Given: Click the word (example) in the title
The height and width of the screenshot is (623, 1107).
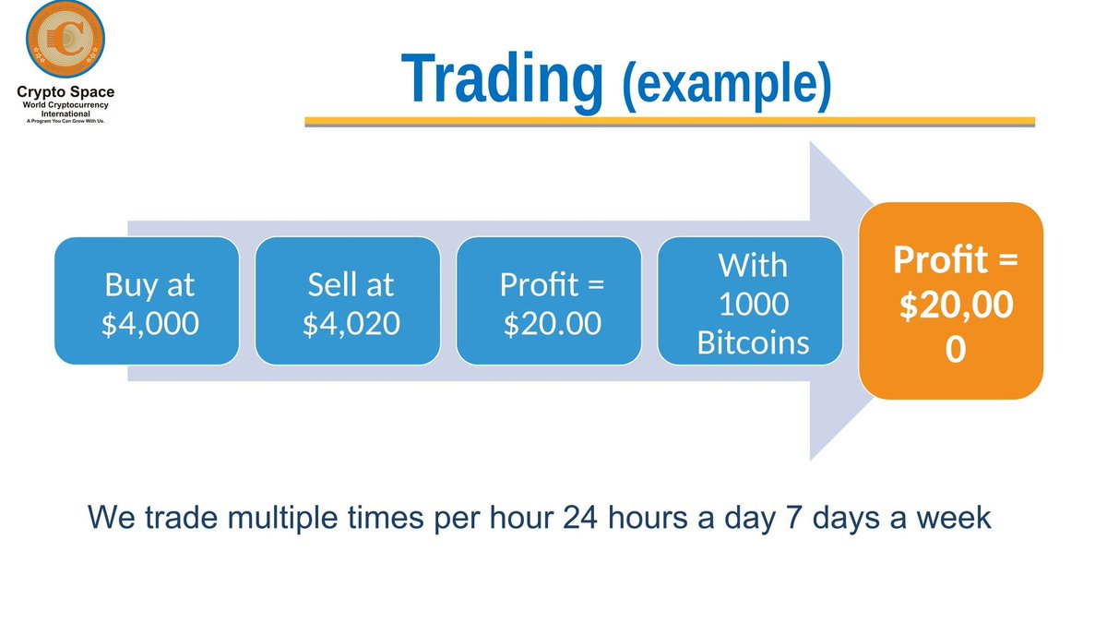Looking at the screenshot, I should [x=727, y=85].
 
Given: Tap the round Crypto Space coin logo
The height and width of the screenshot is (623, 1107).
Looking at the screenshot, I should [x=65, y=42].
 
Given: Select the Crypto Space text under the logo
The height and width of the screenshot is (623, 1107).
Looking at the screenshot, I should [x=65, y=92].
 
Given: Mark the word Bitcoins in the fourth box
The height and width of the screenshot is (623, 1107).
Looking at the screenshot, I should [x=753, y=343].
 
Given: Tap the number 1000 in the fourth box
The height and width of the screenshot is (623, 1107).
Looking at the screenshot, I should [x=753, y=305].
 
